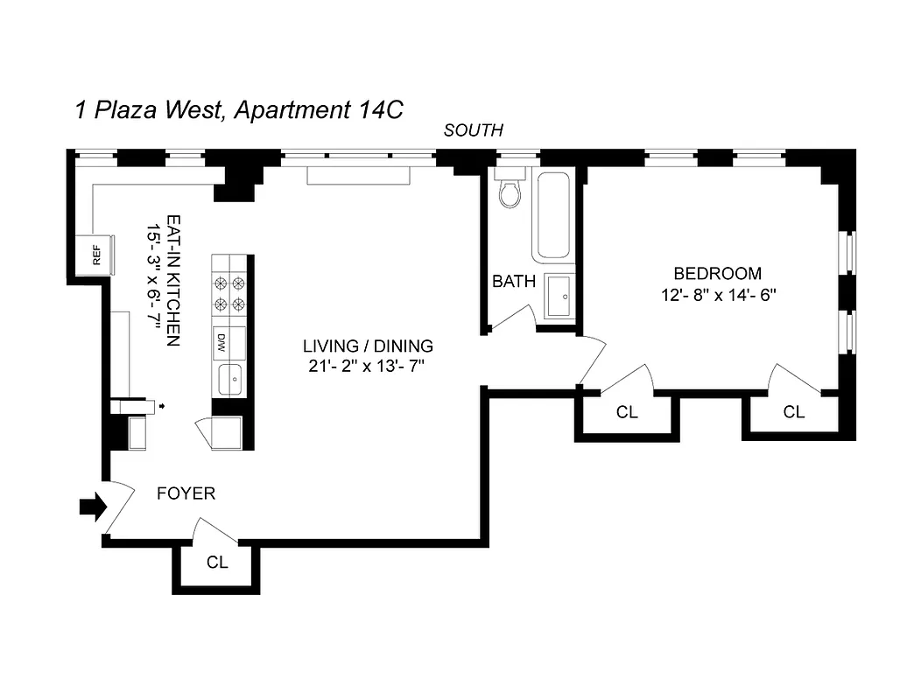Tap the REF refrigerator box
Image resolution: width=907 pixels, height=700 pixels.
(95, 255)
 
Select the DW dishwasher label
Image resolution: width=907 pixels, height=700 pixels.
(221, 341)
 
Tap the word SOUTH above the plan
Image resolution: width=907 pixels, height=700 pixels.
(474, 131)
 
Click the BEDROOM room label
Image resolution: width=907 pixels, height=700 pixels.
(717, 274)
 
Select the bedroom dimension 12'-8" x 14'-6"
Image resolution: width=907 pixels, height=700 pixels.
(720, 295)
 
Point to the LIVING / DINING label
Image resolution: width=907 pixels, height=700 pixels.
(368, 346)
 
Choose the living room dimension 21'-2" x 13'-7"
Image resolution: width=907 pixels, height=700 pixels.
(368, 367)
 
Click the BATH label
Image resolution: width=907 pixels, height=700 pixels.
(514, 282)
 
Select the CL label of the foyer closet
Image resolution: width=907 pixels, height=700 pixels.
(217, 563)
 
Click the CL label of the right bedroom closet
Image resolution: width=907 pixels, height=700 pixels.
(793, 412)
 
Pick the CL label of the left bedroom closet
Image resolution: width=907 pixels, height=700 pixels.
(627, 412)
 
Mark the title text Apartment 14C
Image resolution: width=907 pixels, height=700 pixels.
(315, 111)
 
